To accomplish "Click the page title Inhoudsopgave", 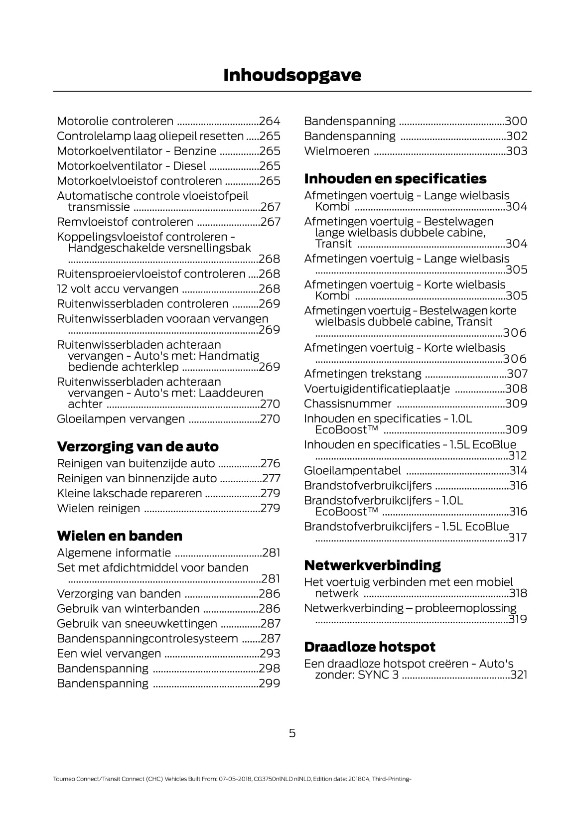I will (x=292, y=75).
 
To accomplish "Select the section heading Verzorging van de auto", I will (x=138, y=446).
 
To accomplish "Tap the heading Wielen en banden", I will (x=120, y=536).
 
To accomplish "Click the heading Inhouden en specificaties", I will (x=395, y=178).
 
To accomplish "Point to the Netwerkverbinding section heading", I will (x=372, y=565).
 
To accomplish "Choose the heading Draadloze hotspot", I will (x=370, y=647).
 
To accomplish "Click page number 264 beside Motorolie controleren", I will (x=270, y=121).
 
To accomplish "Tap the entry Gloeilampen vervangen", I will (x=121, y=419).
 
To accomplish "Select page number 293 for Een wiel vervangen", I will (x=270, y=654).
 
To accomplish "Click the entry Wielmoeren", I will (x=337, y=151).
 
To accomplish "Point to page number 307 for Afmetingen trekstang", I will (x=517, y=374).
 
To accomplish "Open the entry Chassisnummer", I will (x=348, y=404).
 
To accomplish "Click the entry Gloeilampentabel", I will (x=352, y=471).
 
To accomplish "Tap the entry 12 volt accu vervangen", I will (x=118, y=289).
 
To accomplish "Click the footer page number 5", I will (x=292, y=733).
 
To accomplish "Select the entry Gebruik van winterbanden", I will (x=128, y=609).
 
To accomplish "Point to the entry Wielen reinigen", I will (x=99, y=508).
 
